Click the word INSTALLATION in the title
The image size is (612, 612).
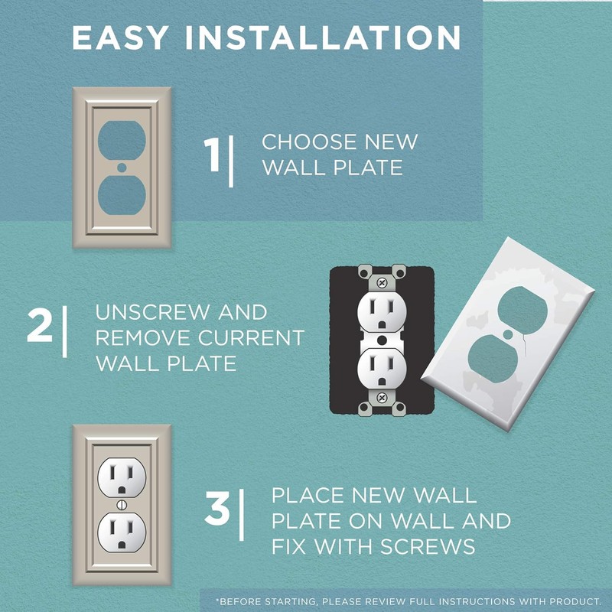[321, 37]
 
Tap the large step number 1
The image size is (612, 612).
[214, 154]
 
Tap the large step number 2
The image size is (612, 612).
[40, 326]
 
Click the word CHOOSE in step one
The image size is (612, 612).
[309, 142]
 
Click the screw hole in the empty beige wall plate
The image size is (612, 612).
[122, 165]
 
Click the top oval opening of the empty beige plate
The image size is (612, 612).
[122, 137]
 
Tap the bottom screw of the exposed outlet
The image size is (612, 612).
[380, 399]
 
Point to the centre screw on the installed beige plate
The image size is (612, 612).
[122, 506]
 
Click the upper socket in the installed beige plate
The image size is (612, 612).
[122, 479]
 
